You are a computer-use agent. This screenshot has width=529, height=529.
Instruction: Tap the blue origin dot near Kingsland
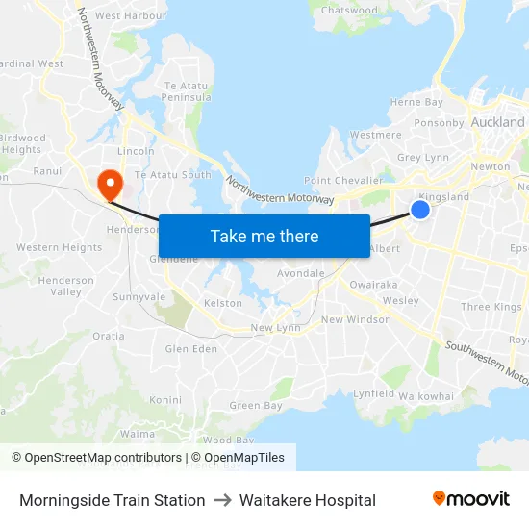tap(420, 209)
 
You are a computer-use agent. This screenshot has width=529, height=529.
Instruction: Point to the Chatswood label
tap(350, 10)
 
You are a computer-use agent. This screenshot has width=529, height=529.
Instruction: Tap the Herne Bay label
tap(416, 102)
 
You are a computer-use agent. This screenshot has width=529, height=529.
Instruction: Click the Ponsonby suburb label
tap(439, 123)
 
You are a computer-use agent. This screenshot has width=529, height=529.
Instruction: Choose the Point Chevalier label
tap(343, 181)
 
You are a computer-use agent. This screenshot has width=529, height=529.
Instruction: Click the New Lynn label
tap(275, 328)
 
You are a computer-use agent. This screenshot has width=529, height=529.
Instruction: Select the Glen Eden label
tap(191, 349)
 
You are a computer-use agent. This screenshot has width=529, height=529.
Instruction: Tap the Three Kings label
tap(491, 307)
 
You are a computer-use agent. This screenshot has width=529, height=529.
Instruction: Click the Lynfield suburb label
tap(373, 393)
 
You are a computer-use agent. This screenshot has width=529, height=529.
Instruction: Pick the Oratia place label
tap(109, 337)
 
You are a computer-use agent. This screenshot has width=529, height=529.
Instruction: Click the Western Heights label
tap(60, 247)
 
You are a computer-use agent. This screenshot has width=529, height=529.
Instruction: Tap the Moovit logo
tap(470, 499)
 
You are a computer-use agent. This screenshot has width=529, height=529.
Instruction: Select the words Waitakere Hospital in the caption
tap(307, 500)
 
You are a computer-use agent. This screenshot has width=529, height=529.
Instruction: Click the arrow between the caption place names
tap(222, 500)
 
